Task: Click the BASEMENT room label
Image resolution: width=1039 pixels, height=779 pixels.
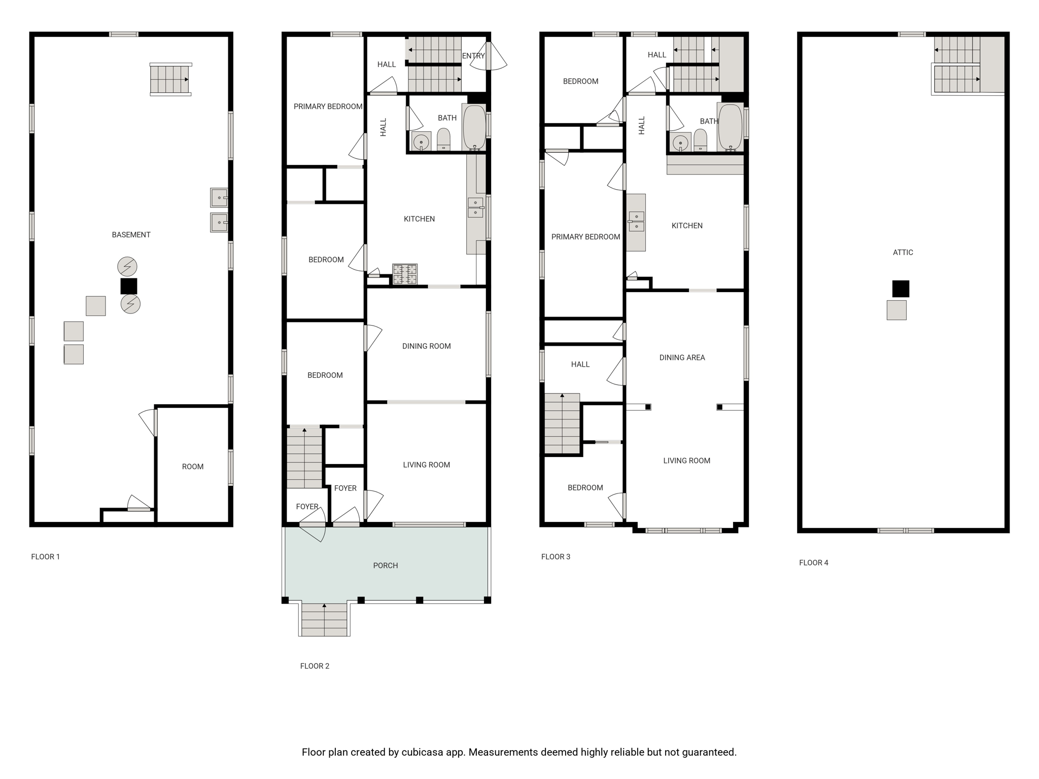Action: pos(131,235)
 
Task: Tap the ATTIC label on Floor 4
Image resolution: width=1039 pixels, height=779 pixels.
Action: pos(903,253)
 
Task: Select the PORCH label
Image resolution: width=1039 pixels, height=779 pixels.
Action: pos(386,565)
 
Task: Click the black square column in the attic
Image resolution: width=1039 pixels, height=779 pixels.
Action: pos(901,289)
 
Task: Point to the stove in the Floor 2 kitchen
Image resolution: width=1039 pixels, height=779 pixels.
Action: pos(405,274)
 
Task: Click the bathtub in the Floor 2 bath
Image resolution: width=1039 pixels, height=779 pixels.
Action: pos(475,127)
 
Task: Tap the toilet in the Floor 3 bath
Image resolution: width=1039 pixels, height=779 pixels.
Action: pos(701,140)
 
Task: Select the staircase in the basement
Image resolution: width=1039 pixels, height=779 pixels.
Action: pos(171,80)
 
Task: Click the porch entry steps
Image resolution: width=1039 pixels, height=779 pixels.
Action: pos(324,619)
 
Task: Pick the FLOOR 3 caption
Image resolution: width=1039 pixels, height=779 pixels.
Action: pos(556,557)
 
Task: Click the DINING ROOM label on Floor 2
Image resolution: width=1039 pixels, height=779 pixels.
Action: pos(426,346)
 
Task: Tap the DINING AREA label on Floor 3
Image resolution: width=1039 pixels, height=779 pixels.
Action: pos(682,358)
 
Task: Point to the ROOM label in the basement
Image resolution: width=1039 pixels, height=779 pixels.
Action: pos(193,467)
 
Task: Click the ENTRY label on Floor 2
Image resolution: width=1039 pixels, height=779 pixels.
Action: pos(473,56)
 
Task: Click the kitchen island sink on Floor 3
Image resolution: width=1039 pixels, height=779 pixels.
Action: pos(636,222)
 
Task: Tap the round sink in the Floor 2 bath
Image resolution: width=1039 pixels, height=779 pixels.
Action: pos(421,142)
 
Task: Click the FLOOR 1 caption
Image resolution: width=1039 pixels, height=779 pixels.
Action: pos(46,557)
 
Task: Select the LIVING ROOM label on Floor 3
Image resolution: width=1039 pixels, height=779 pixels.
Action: pos(686,461)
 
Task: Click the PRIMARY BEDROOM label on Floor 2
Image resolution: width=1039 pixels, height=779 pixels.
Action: pos(328,107)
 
